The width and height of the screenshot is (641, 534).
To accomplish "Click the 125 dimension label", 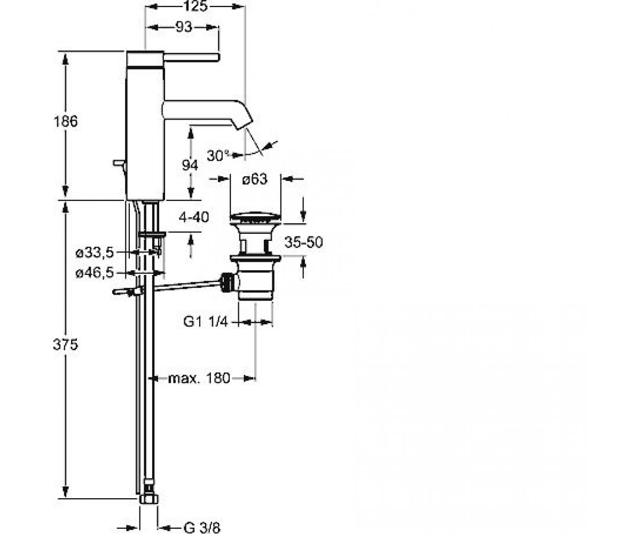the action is (x=196, y=6).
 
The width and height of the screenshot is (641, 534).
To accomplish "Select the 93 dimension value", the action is (x=184, y=27).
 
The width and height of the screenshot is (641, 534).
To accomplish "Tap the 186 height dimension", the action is (x=66, y=122).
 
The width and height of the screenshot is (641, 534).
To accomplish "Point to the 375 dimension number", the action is (x=65, y=344).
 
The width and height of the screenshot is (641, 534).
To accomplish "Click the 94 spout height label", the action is (x=190, y=166).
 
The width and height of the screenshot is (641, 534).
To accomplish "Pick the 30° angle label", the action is (x=218, y=155).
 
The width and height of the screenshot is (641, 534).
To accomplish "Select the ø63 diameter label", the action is (x=255, y=179).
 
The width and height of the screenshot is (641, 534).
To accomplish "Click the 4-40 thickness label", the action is (x=194, y=217).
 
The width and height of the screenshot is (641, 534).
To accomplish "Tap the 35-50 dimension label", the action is (x=303, y=242).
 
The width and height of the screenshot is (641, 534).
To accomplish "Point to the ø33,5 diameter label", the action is (x=95, y=253).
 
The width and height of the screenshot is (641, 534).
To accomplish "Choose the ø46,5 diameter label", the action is (x=95, y=272).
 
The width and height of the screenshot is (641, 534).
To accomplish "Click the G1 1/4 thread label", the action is (x=205, y=322).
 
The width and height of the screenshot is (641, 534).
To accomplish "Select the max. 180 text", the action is (x=199, y=378).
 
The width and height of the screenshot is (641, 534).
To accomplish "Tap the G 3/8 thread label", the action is (x=202, y=528).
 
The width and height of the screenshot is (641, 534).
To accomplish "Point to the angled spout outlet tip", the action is (x=244, y=123).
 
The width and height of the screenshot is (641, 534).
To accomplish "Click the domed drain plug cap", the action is (x=255, y=217).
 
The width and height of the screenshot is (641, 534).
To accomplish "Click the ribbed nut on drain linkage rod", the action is (x=226, y=283).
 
